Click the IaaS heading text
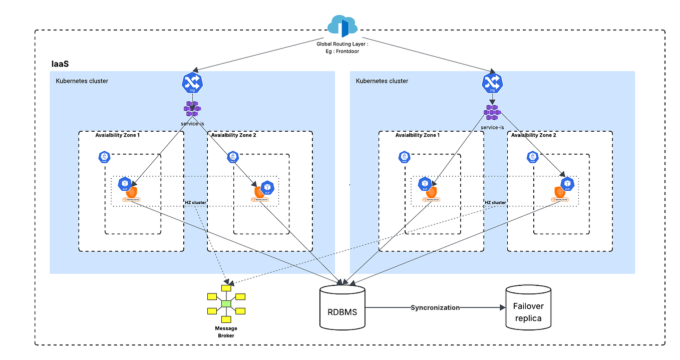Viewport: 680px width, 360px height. tap(61, 64)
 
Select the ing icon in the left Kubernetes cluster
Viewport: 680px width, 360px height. tap(193, 83)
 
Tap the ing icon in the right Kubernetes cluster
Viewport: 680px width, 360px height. tap(492, 83)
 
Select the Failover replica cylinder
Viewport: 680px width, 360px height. tap(528, 307)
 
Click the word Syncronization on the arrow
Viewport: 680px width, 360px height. tap(435, 307)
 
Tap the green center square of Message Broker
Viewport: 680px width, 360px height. tap(226, 304)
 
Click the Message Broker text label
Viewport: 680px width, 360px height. tap(226, 332)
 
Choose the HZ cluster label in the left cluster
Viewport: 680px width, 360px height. tap(195, 202)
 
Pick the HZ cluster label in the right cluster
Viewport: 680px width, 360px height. tap(495, 202)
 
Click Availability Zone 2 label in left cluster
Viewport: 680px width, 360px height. tap(233, 135)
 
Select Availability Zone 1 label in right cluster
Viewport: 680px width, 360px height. tap(417, 135)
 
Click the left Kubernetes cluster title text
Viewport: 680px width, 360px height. tap(82, 81)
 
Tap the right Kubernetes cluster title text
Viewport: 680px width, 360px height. tap(382, 81)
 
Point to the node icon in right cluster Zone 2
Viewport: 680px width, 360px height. tap(532, 157)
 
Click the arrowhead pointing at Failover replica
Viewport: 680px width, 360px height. tap(503, 307)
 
